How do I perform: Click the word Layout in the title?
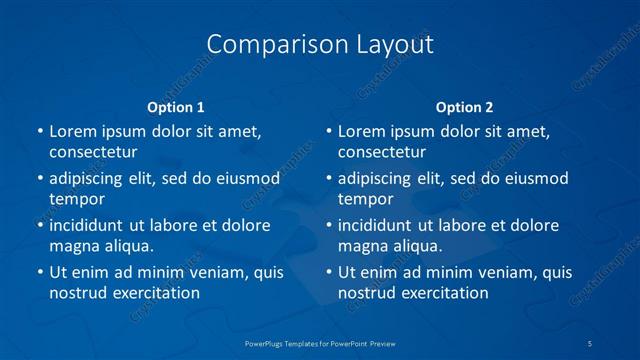tap(397, 45)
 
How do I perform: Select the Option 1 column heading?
tap(176, 107)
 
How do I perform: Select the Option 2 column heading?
tap(464, 107)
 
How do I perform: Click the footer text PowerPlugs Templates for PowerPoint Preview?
tap(320, 343)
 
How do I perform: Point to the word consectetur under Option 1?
tap(93, 152)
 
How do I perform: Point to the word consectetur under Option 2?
tap(381, 152)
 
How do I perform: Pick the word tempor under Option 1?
tap(77, 199)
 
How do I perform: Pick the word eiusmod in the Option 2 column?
tap(536, 179)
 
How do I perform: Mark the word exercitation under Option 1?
tap(154, 293)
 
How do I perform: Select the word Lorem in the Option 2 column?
tap(361, 131)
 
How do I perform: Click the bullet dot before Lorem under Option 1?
tap(39, 132)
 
